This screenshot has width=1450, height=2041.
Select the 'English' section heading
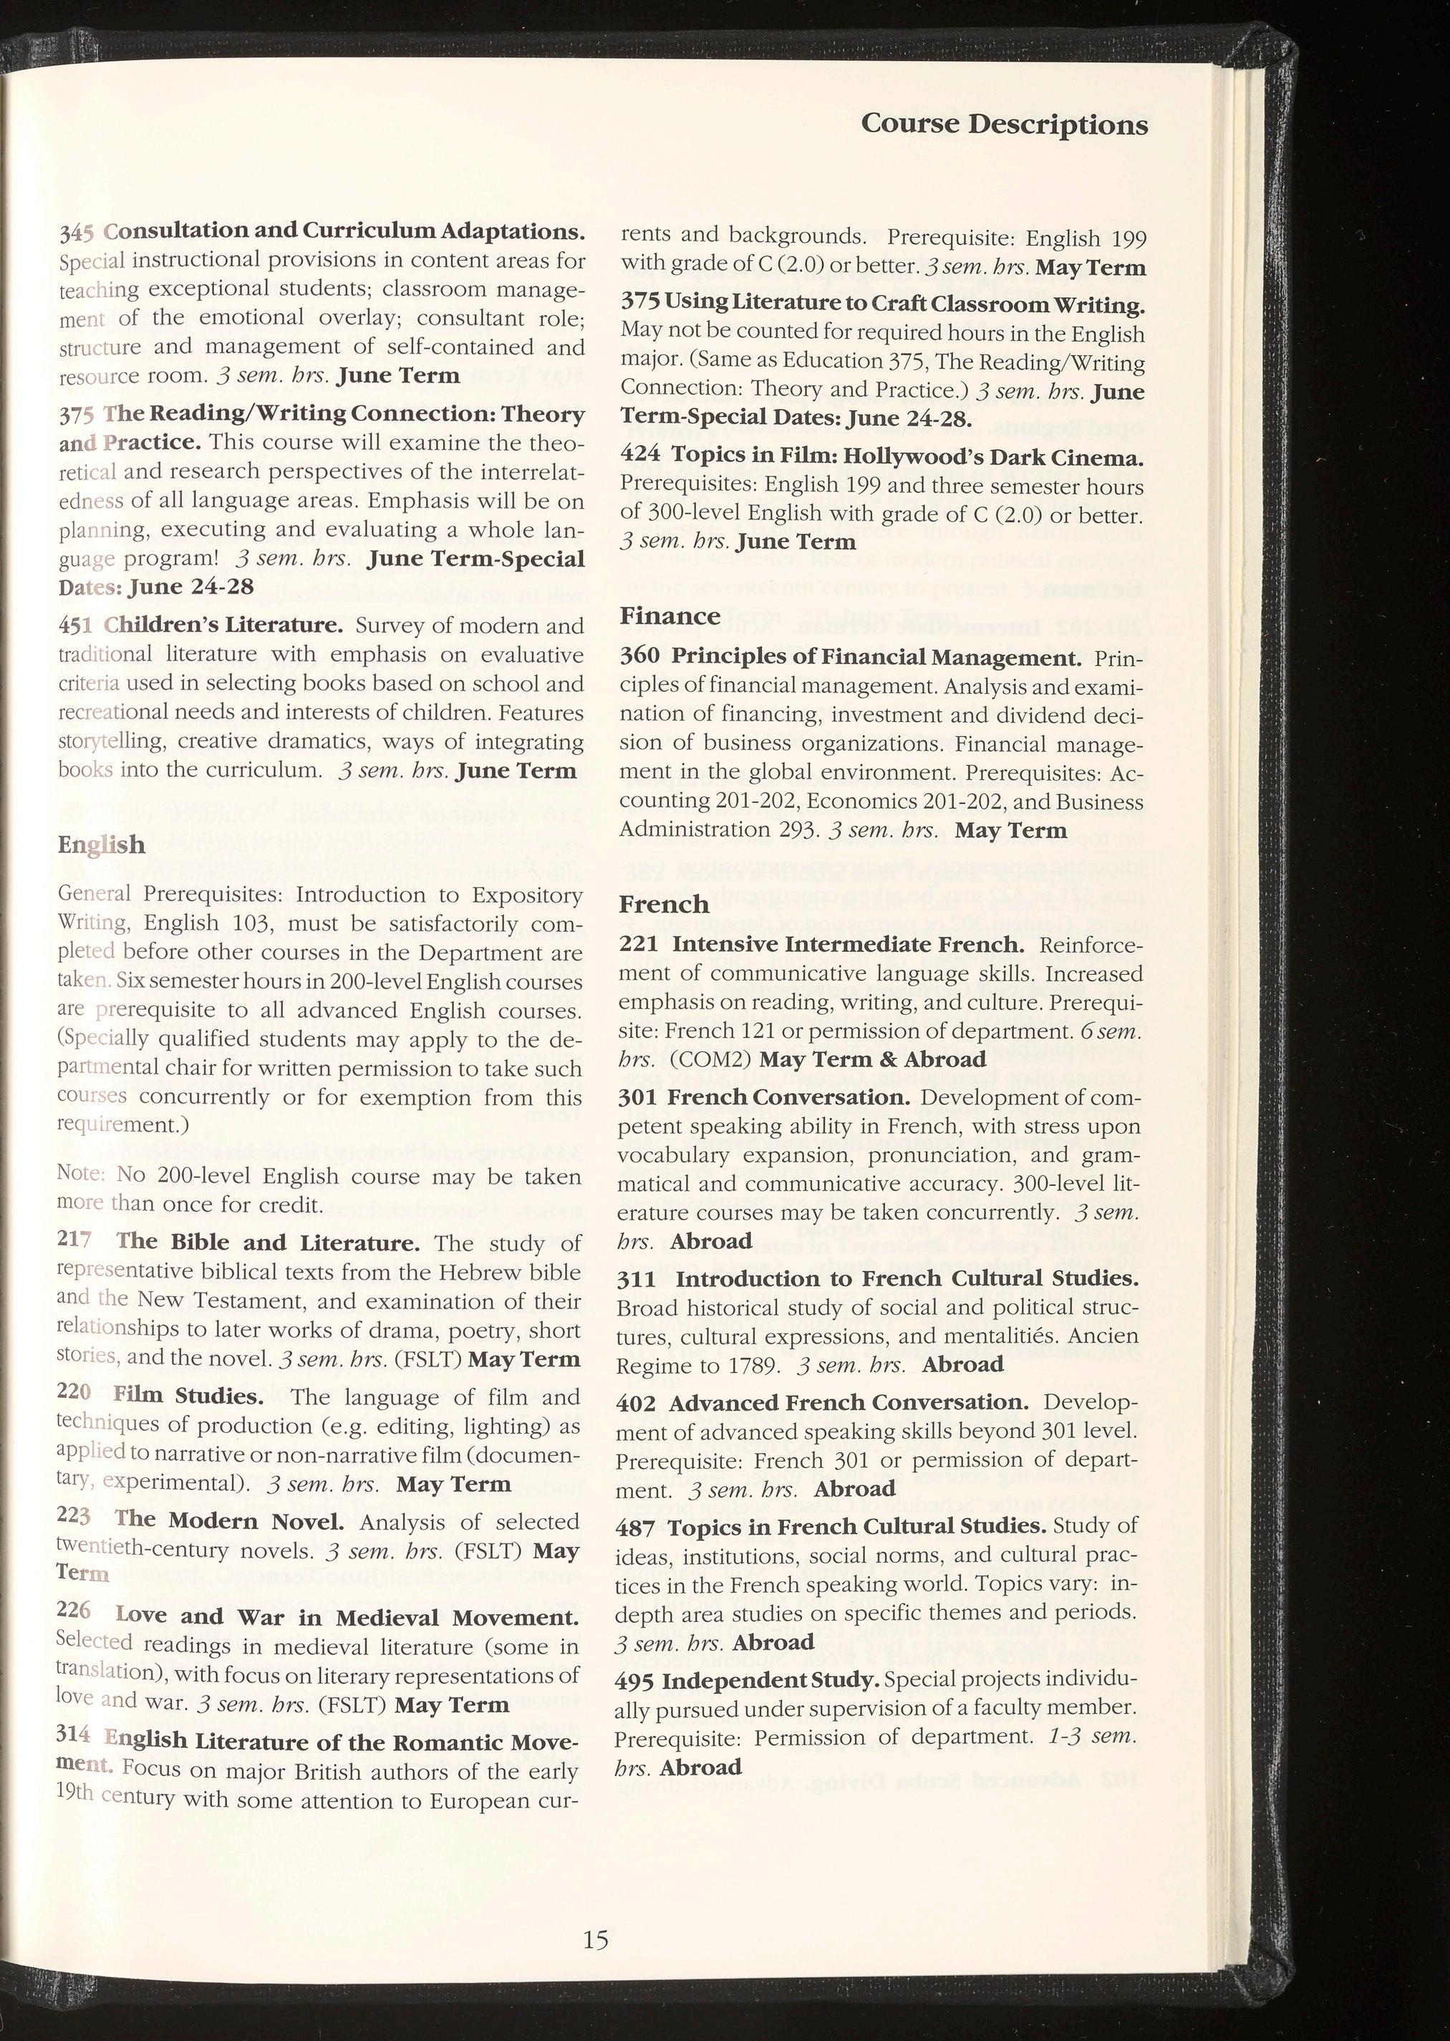[x=101, y=844]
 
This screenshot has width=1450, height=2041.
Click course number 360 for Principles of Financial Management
[x=640, y=656]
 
